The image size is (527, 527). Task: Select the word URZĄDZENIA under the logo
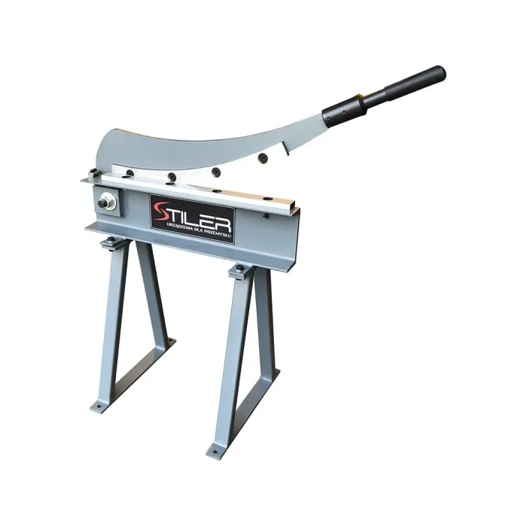(x=176, y=225)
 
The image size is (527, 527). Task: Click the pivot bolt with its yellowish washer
(x=107, y=203)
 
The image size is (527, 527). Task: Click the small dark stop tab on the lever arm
(x=285, y=149)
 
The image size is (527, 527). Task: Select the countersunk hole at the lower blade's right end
(x=267, y=199)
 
